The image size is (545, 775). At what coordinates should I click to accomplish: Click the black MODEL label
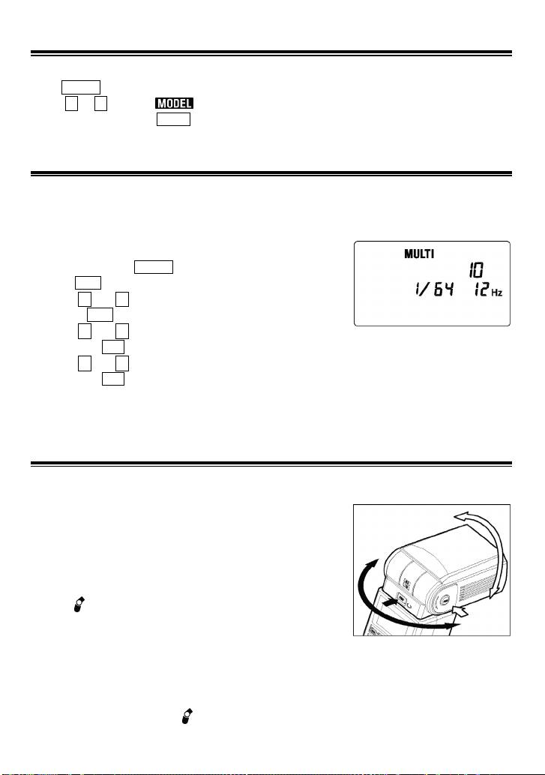coord(174,104)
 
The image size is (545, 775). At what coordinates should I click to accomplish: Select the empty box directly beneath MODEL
coord(173,119)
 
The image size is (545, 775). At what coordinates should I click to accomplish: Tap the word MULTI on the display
coord(419,254)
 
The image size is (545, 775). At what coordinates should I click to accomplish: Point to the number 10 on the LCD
coord(475,270)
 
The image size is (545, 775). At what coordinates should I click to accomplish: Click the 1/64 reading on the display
coord(433,289)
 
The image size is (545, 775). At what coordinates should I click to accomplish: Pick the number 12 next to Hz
coord(479,289)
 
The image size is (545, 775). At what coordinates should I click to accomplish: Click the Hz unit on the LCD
coord(496,293)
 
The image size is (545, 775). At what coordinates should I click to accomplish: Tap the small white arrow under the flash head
coord(460,612)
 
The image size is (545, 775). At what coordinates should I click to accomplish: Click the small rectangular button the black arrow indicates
coord(401,601)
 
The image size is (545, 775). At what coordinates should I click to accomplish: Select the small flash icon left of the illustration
coord(79,604)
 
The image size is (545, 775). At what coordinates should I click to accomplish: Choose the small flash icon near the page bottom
coord(187,716)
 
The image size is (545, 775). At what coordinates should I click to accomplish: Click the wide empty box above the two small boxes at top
coord(81,87)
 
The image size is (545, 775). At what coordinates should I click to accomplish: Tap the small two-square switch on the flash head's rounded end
coord(407,583)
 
